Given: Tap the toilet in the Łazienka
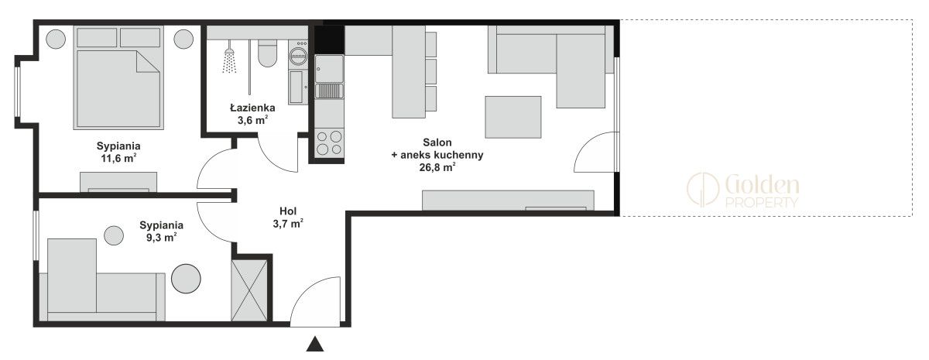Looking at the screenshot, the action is pyautogui.click(x=267, y=53).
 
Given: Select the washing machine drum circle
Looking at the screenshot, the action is pyautogui.click(x=297, y=54).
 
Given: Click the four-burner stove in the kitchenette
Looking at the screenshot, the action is pyautogui.click(x=329, y=142).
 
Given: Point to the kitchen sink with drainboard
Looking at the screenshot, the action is pyautogui.click(x=329, y=77).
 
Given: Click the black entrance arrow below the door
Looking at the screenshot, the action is pyautogui.click(x=315, y=344).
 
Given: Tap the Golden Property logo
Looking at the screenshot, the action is pyautogui.click(x=742, y=190).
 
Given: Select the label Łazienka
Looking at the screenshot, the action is pyautogui.click(x=252, y=108).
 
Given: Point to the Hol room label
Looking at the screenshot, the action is pyautogui.click(x=288, y=211).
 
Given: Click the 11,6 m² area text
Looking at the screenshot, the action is pyautogui.click(x=118, y=158).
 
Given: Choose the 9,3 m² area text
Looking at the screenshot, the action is pyautogui.click(x=162, y=237).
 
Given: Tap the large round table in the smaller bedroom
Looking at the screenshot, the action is pyautogui.click(x=186, y=279).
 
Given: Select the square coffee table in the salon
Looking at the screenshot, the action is pyautogui.click(x=513, y=117).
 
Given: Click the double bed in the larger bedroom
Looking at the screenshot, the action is pyautogui.click(x=118, y=77).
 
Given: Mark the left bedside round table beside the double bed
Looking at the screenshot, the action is pyautogui.click(x=56, y=39).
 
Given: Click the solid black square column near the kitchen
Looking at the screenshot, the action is pyautogui.click(x=329, y=39).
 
